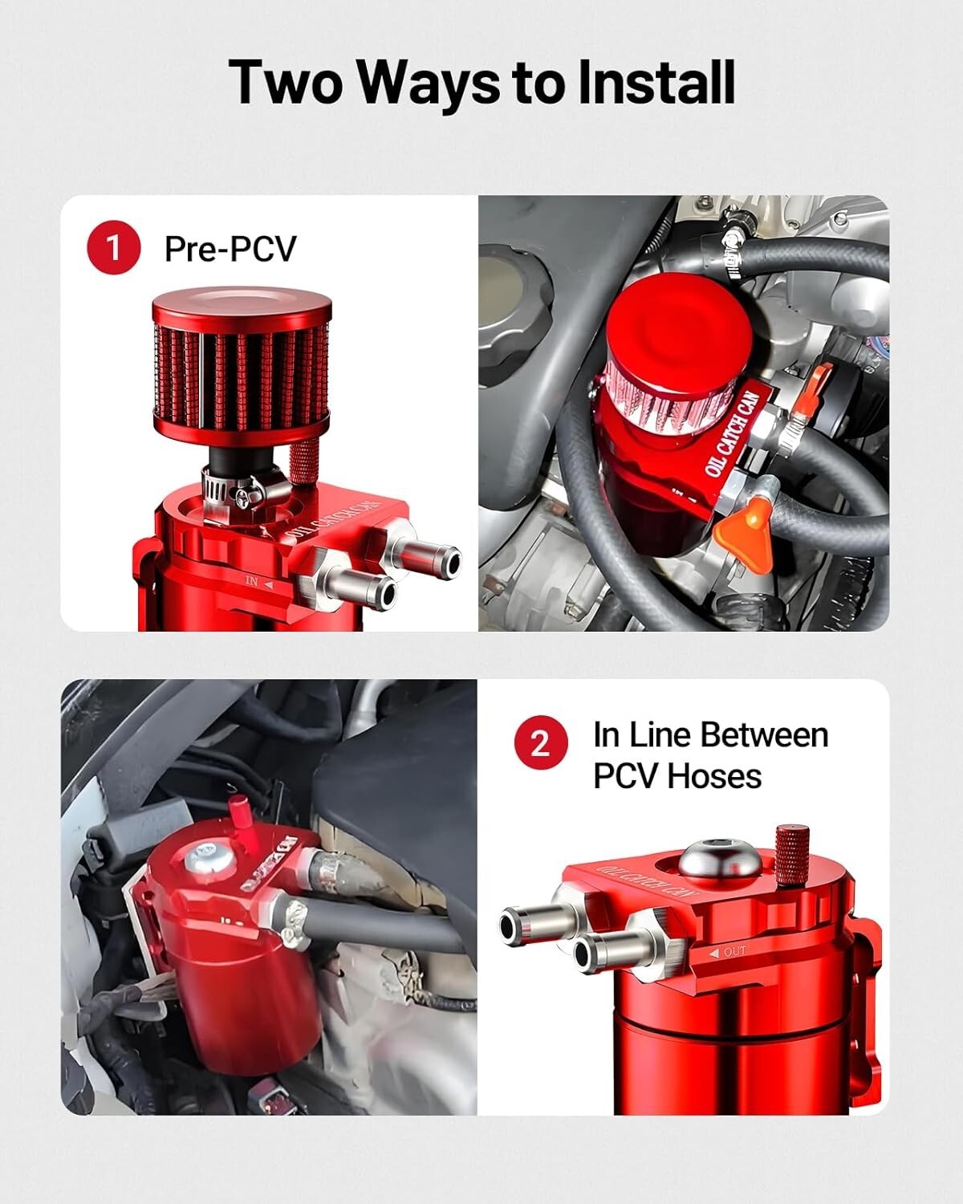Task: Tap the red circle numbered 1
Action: pyautogui.click(x=113, y=248)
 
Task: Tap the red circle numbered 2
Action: pyautogui.click(x=540, y=744)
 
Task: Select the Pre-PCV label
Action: pyautogui.click(x=230, y=249)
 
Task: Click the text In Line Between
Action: pyautogui.click(x=710, y=735)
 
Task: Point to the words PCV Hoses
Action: pyautogui.click(x=677, y=776)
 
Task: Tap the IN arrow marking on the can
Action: pyautogui.click(x=258, y=583)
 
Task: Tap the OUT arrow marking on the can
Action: pyautogui.click(x=728, y=952)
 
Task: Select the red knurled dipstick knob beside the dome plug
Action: pyautogui.click(x=790, y=854)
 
